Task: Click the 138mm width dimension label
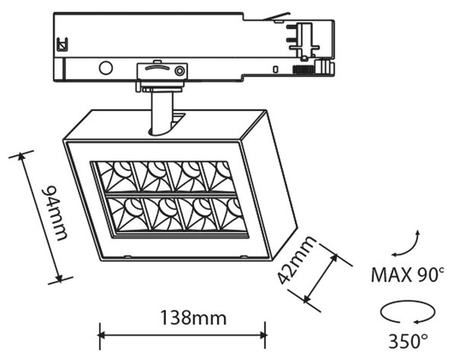pyautogui.click(x=193, y=318)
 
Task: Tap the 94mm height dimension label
pyautogui.click(x=55, y=213)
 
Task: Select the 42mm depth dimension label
pyautogui.click(x=296, y=260)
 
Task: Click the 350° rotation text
pyautogui.click(x=408, y=341)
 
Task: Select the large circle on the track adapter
pyautogui.click(x=106, y=68)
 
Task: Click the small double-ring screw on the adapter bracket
pyautogui.click(x=179, y=71)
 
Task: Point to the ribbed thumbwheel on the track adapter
pyautogui.click(x=303, y=69)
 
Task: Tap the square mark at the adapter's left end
pyautogui.click(x=62, y=44)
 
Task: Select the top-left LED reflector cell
pyautogui.click(x=115, y=177)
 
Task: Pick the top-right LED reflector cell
pyautogui.click(x=218, y=177)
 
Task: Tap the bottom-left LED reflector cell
pyautogui.click(x=126, y=214)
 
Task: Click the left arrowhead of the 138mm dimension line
pyautogui.click(x=102, y=335)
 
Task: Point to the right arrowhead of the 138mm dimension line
pyautogui.click(x=262, y=335)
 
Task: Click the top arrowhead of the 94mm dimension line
pyautogui.click(x=21, y=157)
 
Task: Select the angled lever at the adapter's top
pyautogui.click(x=276, y=16)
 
